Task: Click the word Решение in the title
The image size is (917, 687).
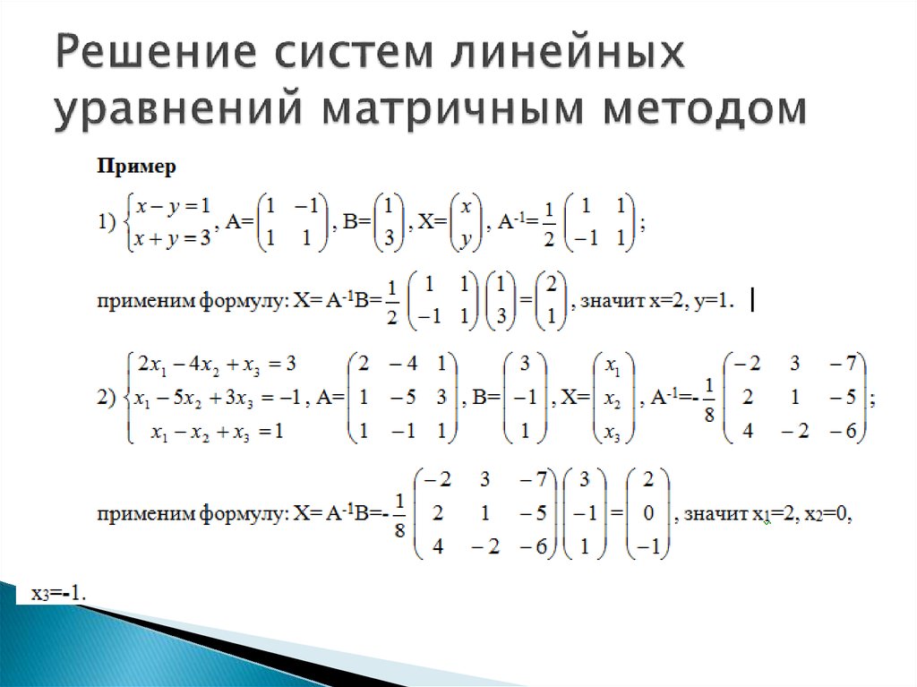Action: tap(156, 51)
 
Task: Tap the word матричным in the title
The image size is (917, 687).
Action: tap(452, 109)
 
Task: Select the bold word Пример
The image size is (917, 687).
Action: tap(136, 167)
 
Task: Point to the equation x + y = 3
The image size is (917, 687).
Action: tap(172, 239)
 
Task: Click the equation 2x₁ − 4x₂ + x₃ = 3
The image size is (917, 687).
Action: tap(217, 365)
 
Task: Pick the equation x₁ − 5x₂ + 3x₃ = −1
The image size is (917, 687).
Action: tap(217, 399)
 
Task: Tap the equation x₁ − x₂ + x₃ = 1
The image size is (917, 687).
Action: tap(217, 433)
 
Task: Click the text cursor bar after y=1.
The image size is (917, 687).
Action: tap(752, 301)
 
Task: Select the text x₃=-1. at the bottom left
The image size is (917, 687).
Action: tap(58, 595)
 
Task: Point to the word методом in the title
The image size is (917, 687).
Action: tap(705, 109)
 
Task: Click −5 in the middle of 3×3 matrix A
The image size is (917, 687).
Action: tap(404, 398)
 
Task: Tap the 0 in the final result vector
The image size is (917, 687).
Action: tap(648, 513)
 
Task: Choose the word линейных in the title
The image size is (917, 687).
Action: tap(567, 51)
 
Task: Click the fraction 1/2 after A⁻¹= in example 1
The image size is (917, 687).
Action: tap(549, 224)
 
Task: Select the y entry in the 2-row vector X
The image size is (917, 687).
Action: tap(466, 240)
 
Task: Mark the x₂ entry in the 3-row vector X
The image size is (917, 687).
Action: tap(613, 399)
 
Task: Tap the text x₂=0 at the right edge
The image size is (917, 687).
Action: tap(827, 514)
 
